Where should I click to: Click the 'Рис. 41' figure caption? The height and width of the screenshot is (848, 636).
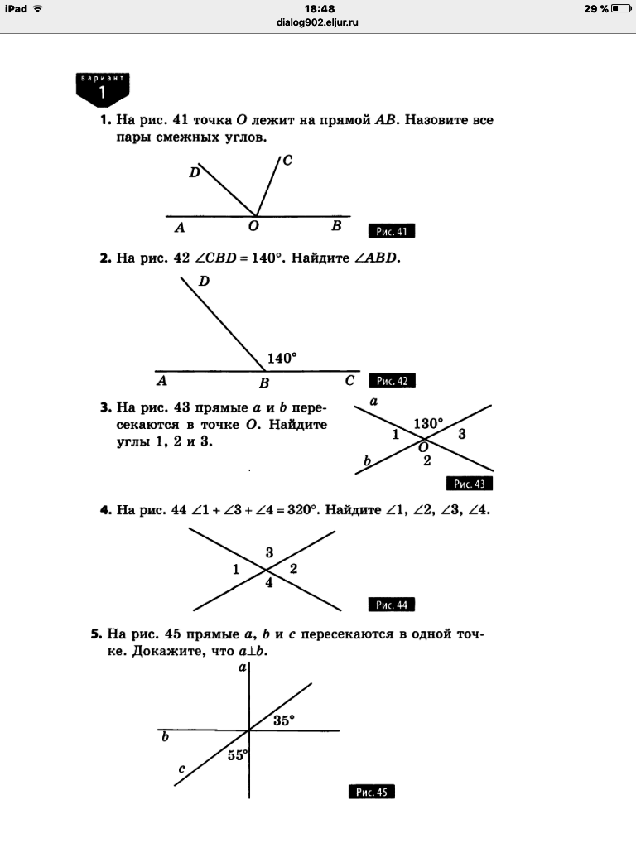coord(391,232)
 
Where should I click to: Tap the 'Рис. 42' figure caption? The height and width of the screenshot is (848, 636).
coord(391,381)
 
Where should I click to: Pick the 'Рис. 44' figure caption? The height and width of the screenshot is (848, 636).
coord(391,605)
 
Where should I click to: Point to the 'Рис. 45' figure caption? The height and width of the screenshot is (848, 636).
coord(371,793)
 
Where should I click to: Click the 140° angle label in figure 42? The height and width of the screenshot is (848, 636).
coord(282,359)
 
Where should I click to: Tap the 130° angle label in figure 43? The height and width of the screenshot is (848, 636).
coord(428,423)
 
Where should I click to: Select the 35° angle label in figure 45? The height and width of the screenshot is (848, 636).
coord(283,720)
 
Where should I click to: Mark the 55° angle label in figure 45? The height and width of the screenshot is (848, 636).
coord(238,754)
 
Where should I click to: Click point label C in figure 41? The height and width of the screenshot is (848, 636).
coord(287,161)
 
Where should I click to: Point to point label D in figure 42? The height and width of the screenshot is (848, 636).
coord(204,282)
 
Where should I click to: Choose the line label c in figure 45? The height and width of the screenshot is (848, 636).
coord(181,770)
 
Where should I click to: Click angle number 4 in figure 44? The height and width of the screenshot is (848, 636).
coord(268,584)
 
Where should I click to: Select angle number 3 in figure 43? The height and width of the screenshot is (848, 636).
coord(462,434)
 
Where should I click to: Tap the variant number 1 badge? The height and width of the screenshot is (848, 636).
coord(103,90)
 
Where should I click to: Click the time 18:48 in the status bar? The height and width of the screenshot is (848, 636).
coord(318,8)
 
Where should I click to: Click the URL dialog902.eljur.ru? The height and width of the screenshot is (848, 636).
coord(318,22)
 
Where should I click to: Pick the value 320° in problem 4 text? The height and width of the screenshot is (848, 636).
coord(301,510)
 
